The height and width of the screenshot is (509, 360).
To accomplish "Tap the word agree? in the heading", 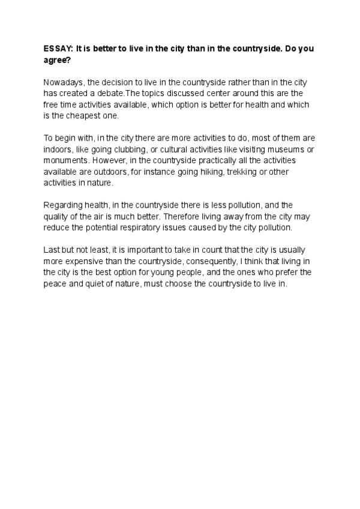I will click(58, 61).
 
